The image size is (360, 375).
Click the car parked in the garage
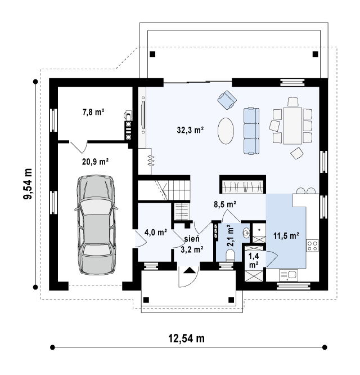(96, 225)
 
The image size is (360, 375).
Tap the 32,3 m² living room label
(190, 130)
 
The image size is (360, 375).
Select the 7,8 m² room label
(93, 112)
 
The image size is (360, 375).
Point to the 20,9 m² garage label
(95, 162)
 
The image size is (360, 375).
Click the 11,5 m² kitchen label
(286, 235)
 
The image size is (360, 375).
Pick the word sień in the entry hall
(192, 239)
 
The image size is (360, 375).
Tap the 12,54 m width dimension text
(187, 338)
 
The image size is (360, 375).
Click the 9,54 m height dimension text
(28, 184)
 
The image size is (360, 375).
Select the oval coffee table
(226, 131)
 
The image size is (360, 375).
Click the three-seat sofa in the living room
(251, 131)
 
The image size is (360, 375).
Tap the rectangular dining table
(292, 126)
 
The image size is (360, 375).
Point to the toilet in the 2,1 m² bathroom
(230, 255)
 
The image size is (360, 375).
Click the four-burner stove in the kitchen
(312, 245)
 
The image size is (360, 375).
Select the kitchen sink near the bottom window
(289, 275)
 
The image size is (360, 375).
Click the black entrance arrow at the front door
(190, 270)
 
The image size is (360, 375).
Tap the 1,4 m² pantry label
(254, 261)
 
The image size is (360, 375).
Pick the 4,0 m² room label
(155, 232)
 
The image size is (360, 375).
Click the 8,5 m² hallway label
(225, 205)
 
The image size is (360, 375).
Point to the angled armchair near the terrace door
(227, 100)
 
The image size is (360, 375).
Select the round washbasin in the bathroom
(246, 233)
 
